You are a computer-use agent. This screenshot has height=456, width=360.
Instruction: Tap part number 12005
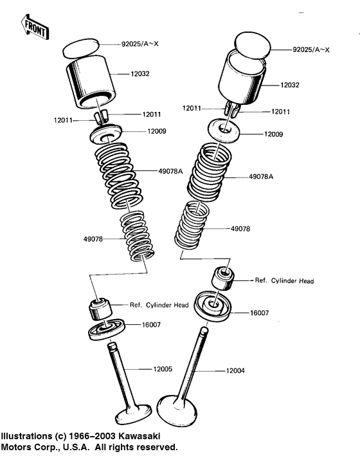click(x=163, y=369)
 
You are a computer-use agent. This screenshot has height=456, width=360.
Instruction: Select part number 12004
click(x=235, y=371)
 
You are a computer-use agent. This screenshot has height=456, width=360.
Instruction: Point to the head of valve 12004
click(x=177, y=410)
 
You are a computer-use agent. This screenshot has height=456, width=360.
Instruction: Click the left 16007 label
click(x=151, y=325)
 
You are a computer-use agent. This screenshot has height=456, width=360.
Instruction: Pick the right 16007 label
click(x=260, y=313)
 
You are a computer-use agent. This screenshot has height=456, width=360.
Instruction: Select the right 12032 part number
click(x=290, y=85)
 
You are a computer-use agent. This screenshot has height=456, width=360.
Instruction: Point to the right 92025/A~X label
click(x=311, y=50)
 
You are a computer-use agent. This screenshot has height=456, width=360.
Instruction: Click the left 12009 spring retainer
click(x=105, y=134)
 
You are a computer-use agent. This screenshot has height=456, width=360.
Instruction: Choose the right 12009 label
click(x=273, y=134)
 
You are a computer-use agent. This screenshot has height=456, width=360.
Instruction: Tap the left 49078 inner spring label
click(x=93, y=239)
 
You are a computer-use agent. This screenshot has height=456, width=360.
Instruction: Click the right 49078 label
click(x=240, y=229)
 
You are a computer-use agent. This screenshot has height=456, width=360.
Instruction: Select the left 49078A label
click(x=171, y=171)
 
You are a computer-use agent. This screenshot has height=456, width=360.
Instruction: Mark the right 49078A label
click(x=261, y=176)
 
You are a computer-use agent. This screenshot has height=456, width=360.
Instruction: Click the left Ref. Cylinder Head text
click(x=159, y=305)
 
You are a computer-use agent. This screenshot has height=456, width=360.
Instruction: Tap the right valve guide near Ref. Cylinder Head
click(x=222, y=278)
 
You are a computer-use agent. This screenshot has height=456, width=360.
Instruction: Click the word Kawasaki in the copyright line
click(x=140, y=436)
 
